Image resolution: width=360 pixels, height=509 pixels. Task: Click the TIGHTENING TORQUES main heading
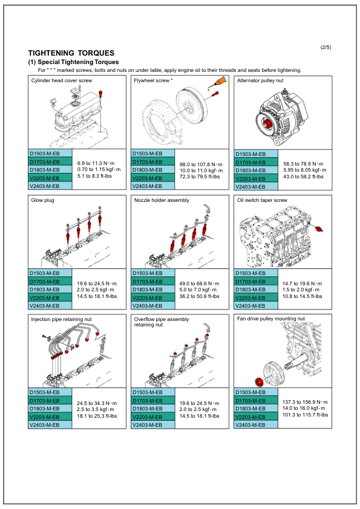(x=71, y=53)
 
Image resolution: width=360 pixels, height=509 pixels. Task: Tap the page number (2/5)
(x=326, y=47)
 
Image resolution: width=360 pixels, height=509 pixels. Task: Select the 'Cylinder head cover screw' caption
(x=62, y=80)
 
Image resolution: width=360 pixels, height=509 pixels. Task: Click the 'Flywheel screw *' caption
(x=154, y=80)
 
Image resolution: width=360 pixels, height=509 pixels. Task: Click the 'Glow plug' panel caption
(x=42, y=200)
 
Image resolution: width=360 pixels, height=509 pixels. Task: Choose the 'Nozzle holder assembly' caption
(x=162, y=200)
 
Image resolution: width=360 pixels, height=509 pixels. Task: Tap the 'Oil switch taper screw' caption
(x=263, y=200)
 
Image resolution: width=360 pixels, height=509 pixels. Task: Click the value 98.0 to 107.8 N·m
(x=201, y=164)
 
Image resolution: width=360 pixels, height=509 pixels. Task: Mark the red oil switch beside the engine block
(x=319, y=228)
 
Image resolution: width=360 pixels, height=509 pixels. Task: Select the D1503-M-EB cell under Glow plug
(x=51, y=274)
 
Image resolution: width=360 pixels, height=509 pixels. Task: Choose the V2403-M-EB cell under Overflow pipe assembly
(x=154, y=425)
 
